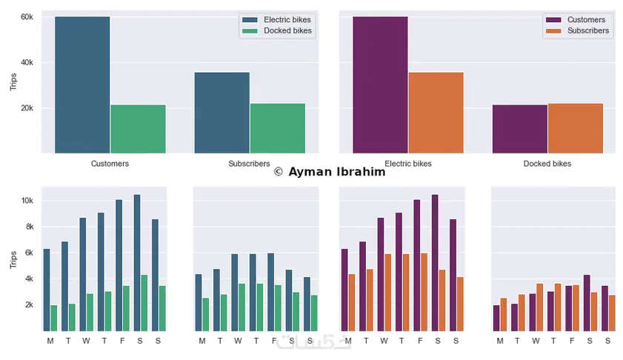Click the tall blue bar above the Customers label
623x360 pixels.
pyautogui.click(x=82, y=84)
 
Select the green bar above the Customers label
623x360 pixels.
pyautogui.click(x=138, y=129)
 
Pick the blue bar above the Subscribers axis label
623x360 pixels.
pyautogui.click(x=221, y=113)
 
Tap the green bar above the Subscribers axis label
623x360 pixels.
pyautogui.click(x=277, y=128)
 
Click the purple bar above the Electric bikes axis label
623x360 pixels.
pyautogui.click(x=380, y=84)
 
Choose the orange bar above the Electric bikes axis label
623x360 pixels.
pyautogui.click(x=436, y=113)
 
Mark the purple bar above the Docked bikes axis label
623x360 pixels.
pyautogui.click(x=519, y=129)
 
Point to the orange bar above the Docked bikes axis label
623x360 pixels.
pyautogui.click(x=575, y=128)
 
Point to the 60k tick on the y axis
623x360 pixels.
pyautogui.click(x=26, y=16)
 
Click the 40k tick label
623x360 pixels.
pyautogui.click(x=26, y=62)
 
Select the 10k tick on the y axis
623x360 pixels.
pyautogui.click(x=26, y=201)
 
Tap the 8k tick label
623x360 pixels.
pyautogui.click(x=27, y=227)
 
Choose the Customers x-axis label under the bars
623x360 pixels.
pyautogui.click(x=110, y=163)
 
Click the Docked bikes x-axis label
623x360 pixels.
pyautogui.click(x=547, y=163)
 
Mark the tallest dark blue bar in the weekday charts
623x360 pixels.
pyautogui.click(x=137, y=263)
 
